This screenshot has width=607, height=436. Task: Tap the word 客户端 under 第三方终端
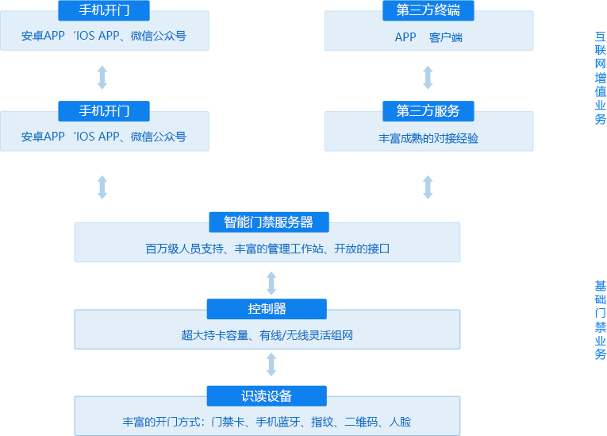[446, 37]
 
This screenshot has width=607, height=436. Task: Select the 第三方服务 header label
[428, 110]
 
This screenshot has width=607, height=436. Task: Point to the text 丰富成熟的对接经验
[428, 138]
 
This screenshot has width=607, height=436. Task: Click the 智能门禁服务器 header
[267, 222]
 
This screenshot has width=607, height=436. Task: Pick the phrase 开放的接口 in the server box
[362, 249]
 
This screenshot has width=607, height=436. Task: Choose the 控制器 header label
[267, 308]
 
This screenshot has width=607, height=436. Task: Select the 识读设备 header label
[267, 395]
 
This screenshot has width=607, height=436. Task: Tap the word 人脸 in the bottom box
[401, 422]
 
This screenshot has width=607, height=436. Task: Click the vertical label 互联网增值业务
[601, 78]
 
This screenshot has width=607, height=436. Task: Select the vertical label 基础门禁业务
[601, 320]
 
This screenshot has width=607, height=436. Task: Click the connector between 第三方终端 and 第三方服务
[428, 77]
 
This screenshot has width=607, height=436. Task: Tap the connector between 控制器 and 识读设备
[271, 365]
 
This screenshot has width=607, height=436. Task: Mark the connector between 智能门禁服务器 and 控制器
[271, 282]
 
